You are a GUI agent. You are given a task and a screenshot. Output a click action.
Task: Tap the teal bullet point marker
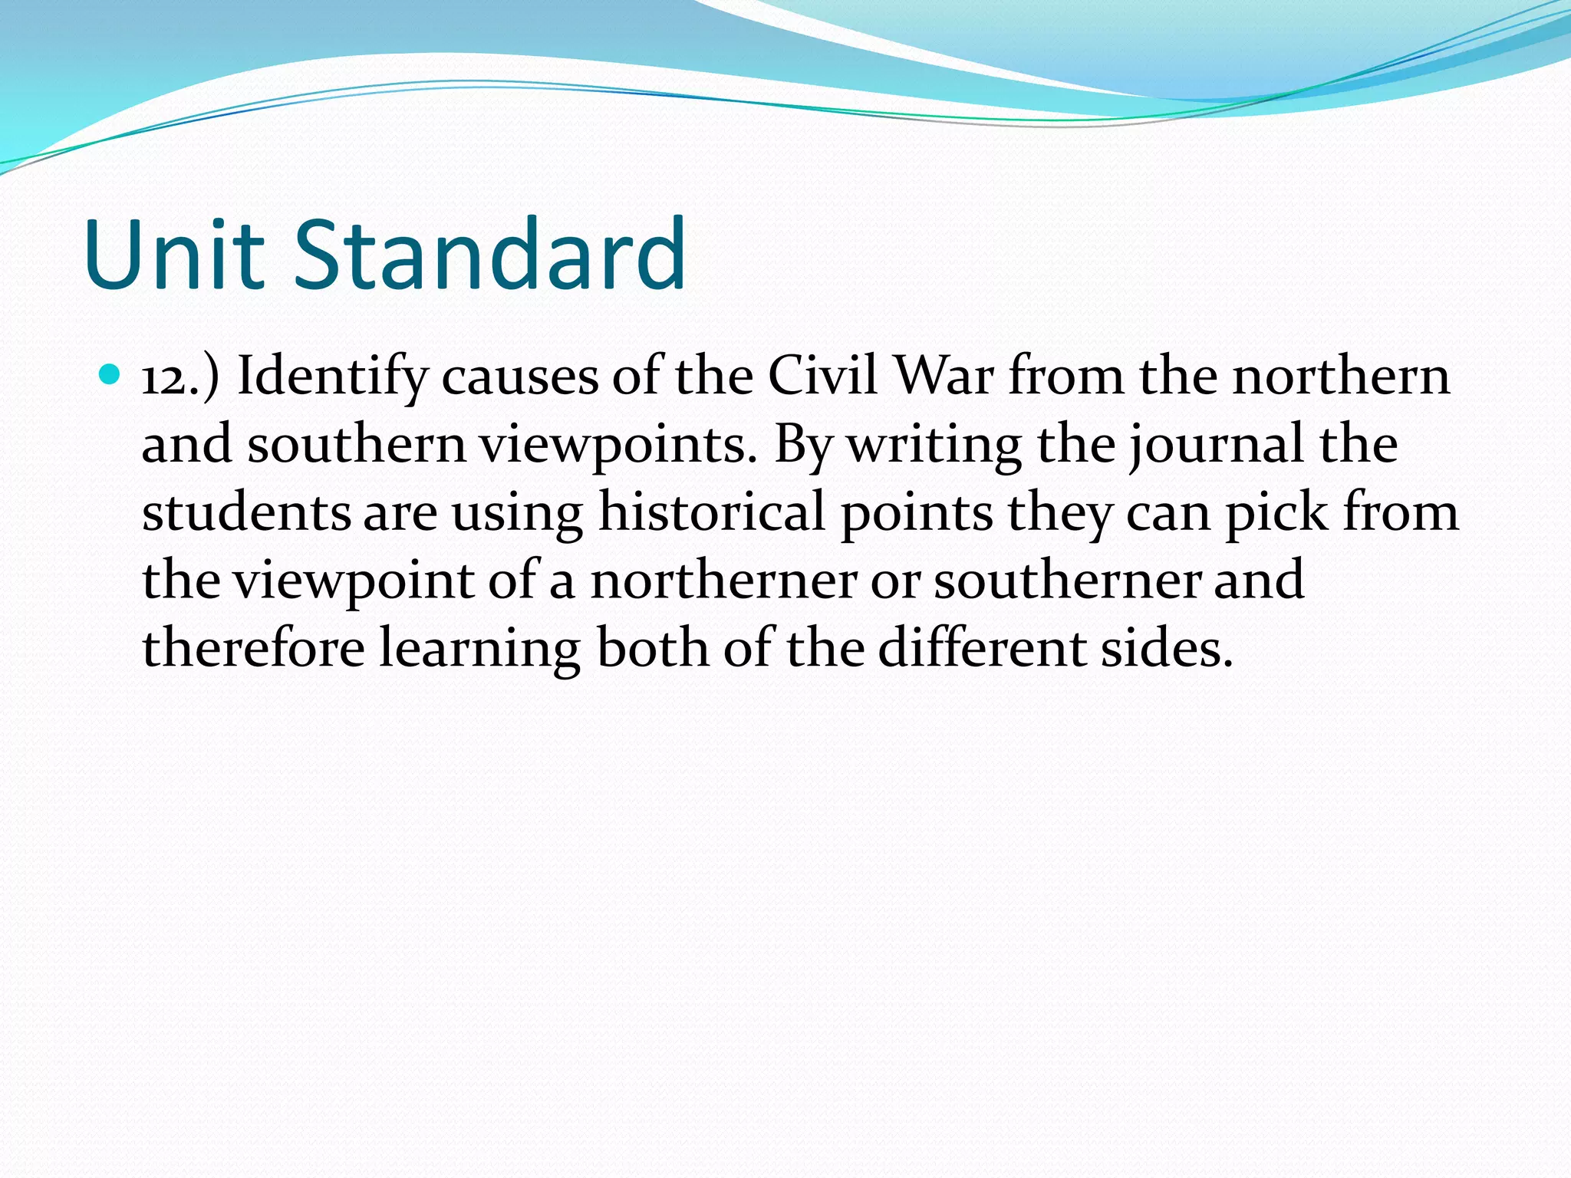(x=110, y=375)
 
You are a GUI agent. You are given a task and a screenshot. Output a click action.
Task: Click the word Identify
(x=332, y=378)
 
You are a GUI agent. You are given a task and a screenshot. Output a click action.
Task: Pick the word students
(x=246, y=512)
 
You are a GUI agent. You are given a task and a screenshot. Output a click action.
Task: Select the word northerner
(x=723, y=581)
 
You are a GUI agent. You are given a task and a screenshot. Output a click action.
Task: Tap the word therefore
(x=253, y=648)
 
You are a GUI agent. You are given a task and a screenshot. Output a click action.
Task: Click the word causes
(x=519, y=378)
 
